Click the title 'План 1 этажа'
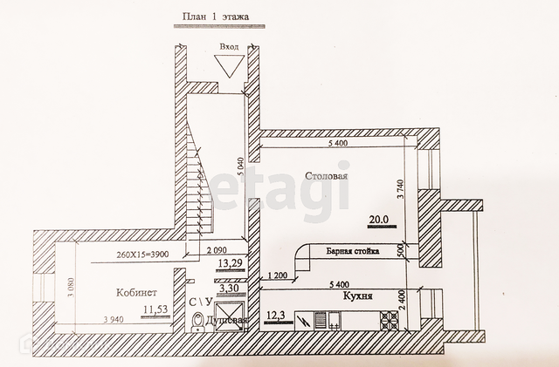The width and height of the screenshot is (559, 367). pyautogui.click(x=215, y=17)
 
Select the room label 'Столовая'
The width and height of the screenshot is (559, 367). pyautogui.click(x=327, y=176)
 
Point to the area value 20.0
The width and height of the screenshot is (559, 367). pyautogui.click(x=379, y=219)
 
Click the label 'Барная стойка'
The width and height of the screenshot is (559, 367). pyautogui.click(x=353, y=251)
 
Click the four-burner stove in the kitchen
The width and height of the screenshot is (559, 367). pyautogui.click(x=389, y=320)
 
